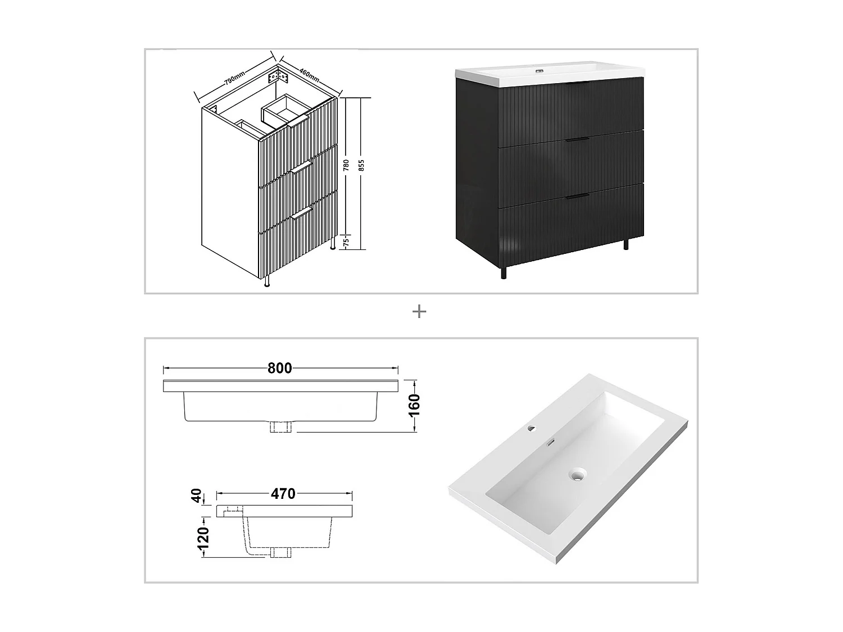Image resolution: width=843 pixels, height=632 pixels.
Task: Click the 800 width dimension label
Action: point(279,369)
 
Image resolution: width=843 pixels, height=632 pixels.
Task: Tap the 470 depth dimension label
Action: point(283,494)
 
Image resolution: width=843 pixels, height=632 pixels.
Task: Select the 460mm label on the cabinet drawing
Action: point(309,74)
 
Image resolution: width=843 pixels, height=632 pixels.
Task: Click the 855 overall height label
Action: point(361,165)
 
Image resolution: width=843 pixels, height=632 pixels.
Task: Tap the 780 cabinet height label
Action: point(347,165)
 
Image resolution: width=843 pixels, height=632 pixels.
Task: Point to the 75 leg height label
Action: point(346,242)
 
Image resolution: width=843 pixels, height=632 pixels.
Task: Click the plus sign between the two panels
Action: point(419,312)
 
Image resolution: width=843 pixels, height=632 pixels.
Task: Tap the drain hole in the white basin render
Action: point(576,475)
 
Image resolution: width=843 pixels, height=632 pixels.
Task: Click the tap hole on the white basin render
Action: point(531,429)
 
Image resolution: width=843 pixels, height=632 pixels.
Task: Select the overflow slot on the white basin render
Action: point(552,443)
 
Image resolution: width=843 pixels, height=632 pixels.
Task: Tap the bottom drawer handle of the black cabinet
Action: point(577,196)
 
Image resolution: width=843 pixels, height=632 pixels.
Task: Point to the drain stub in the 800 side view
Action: point(280,427)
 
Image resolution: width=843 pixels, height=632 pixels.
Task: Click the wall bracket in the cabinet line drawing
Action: point(278,74)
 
